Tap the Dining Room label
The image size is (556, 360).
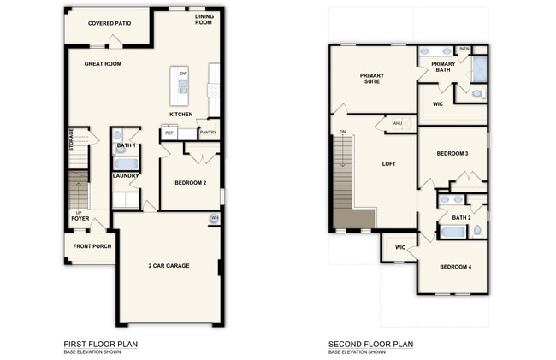pyautogui.click(x=204, y=20)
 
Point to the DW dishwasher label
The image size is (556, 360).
pyautogui.click(x=183, y=74)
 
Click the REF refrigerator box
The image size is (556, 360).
pyautogui.click(x=169, y=133)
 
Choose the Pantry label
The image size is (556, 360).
pyautogui.click(x=208, y=133)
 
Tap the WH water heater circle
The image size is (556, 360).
pyautogui.click(x=214, y=219)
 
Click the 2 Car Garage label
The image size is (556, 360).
pyautogui.click(x=168, y=266)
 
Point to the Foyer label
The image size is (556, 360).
pyautogui.click(x=80, y=218)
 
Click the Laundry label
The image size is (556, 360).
pyautogui.click(x=125, y=176)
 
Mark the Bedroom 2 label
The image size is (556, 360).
pyautogui.click(x=191, y=183)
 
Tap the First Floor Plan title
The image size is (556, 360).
pyautogui.click(x=100, y=344)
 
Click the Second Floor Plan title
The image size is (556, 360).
pyautogui.click(x=370, y=344)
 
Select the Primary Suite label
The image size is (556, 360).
pyautogui.click(x=371, y=79)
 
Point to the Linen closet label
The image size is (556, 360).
pyautogui.click(x=463, y=49)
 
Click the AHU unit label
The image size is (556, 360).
pyautogui.click(x=397, y=124)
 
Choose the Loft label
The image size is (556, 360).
pyautogui.click(x=388, y=163)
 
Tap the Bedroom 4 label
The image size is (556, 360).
pyautogui.click(x=455, y=267)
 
